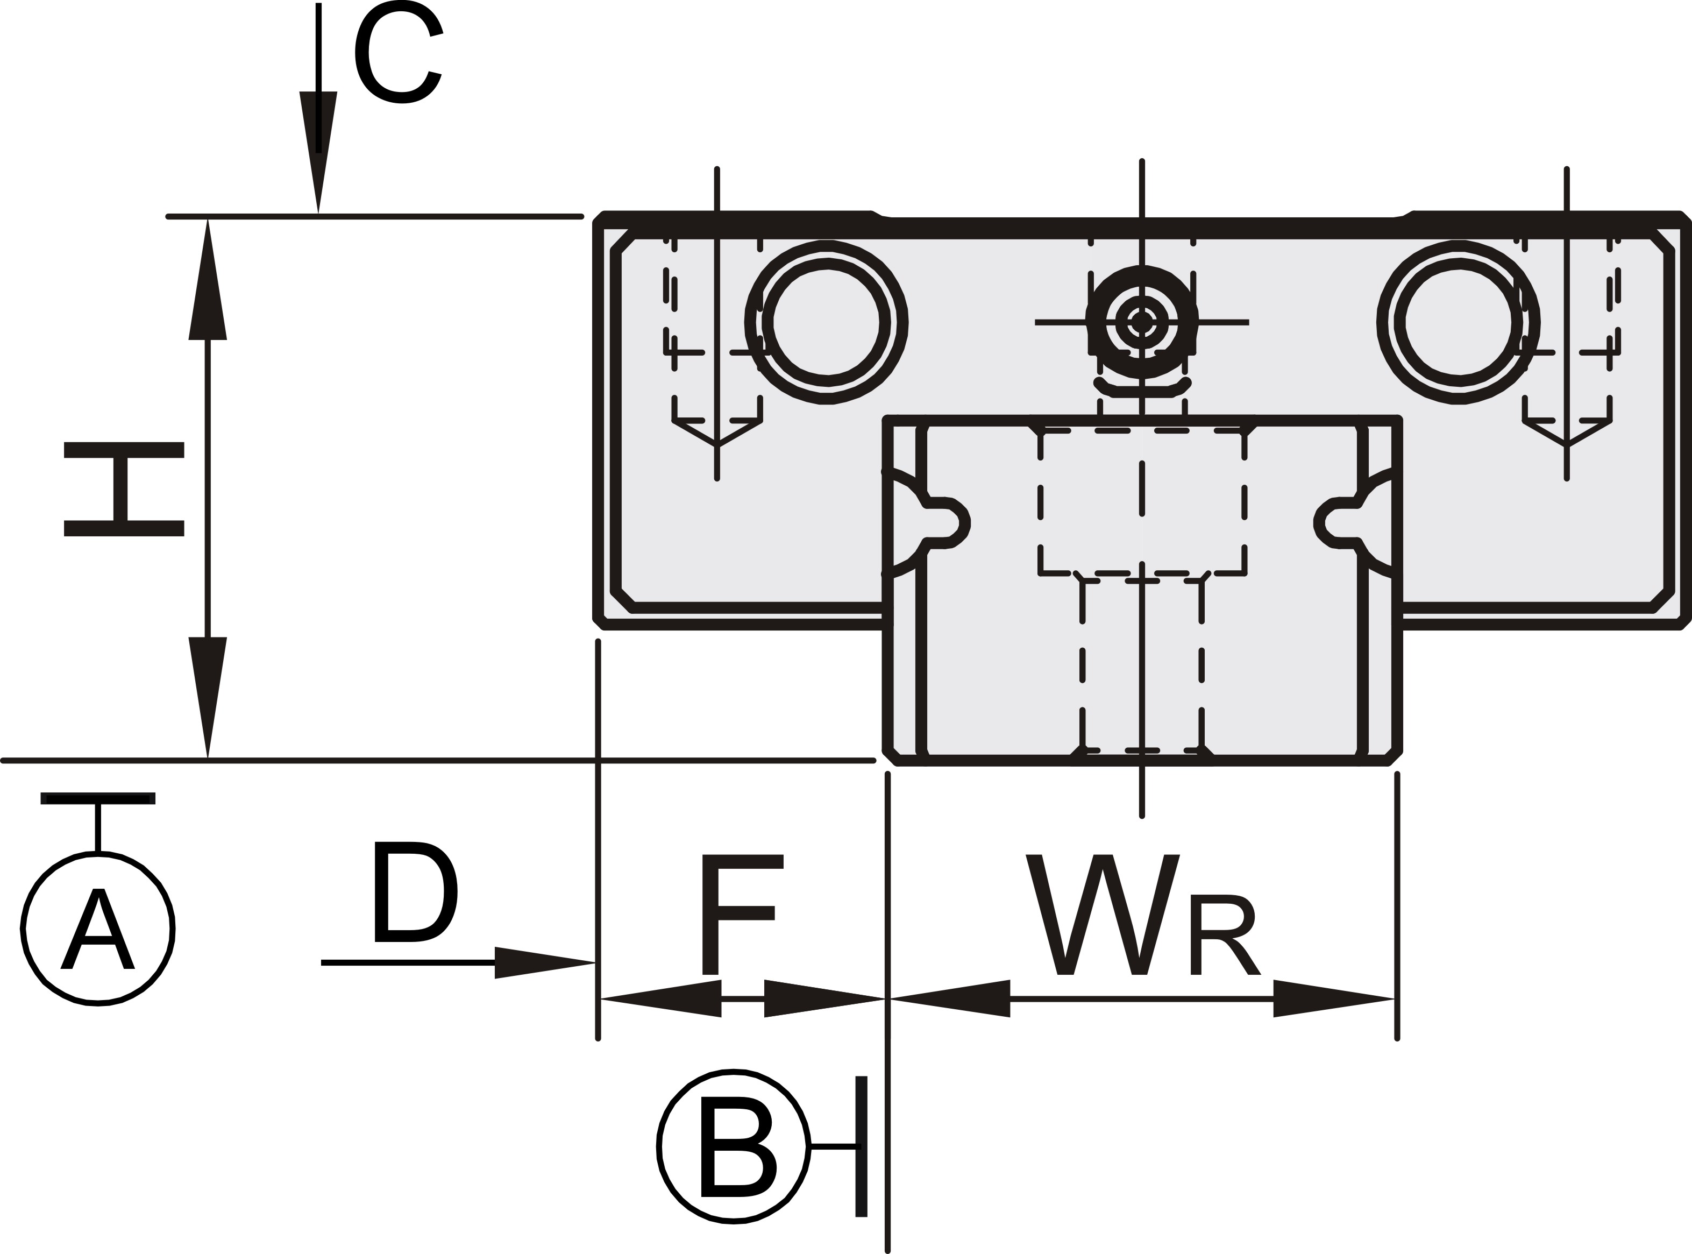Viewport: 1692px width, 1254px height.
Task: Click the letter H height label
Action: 124,490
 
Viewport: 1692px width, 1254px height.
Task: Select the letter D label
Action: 416,892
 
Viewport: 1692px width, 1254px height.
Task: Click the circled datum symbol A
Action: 98,929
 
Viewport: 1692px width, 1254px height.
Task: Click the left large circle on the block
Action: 827,323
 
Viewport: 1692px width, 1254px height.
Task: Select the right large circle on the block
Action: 1458,323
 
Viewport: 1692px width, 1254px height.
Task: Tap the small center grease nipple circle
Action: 1142,322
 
